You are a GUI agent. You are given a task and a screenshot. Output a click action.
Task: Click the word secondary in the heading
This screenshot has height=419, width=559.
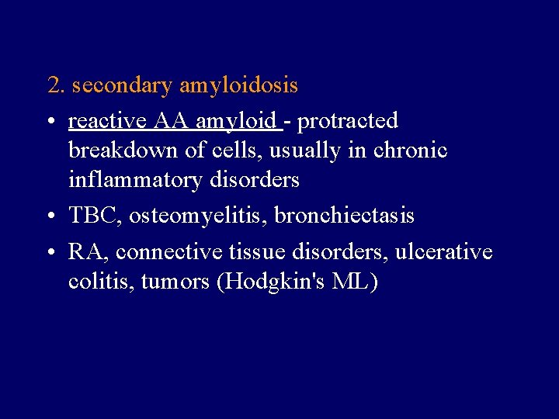click(x=123, y=85)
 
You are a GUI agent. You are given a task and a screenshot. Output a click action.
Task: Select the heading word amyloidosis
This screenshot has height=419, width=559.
click(x=238, y=85)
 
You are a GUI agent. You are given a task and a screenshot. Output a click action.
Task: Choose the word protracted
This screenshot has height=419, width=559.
click(x=348, y=122)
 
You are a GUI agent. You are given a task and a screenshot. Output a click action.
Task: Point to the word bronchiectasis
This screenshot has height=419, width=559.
click(x=344, y=216)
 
